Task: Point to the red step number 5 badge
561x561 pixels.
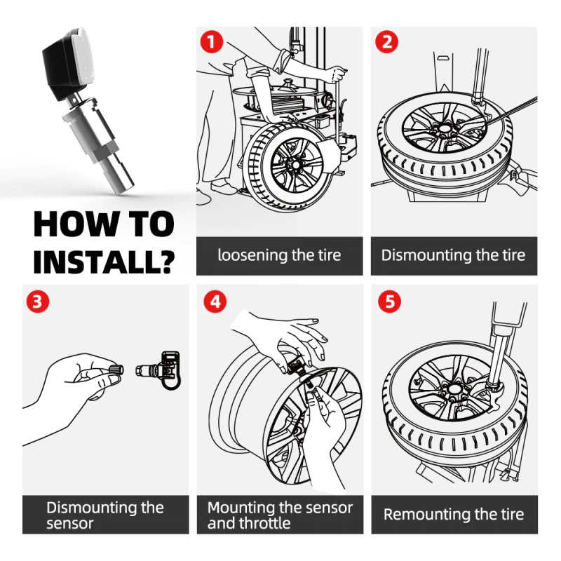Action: coord(387,302)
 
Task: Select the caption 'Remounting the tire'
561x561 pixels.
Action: coord(453,515)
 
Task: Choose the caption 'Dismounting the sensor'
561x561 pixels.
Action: coord(104,515)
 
